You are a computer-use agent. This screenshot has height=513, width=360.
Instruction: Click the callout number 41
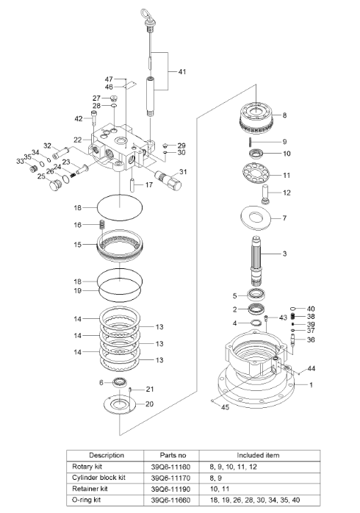pos(181,72)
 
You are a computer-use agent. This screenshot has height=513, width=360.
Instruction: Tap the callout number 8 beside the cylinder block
pos(284,115)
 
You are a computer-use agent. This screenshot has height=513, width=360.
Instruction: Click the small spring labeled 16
pos(103,225)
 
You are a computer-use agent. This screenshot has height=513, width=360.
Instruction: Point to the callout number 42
pos(79,118)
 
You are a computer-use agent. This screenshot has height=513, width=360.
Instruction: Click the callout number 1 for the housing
pos(311,384)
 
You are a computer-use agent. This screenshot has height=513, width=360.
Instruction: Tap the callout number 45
pos(225,407)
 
